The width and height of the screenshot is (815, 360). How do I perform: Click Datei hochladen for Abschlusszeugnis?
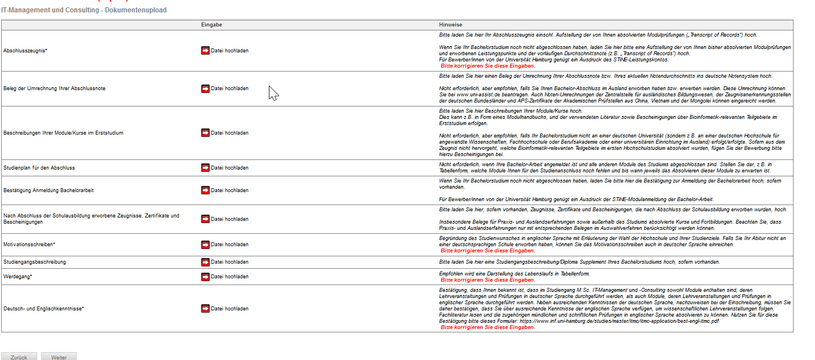[x=229, y=51]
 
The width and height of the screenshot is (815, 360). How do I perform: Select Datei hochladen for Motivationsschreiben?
[x=229, y=245]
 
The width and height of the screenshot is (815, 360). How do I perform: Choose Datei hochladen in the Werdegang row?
[x=229, y=277]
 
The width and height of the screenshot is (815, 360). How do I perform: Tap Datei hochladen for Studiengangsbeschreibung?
[x=229, y=262]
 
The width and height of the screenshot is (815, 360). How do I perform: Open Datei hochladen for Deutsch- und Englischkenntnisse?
[x=229, y=309]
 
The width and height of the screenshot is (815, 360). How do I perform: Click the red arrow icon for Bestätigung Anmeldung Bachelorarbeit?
[x=205, y=190]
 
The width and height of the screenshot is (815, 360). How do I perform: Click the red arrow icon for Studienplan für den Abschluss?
[x=205, y=168]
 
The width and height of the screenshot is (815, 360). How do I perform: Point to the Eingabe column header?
[x=211, y=25]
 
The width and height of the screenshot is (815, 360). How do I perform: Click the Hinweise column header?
[x=450, y=25]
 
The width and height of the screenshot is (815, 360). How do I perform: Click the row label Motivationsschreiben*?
[x=29, y=245]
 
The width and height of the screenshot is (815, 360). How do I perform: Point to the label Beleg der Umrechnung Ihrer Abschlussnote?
[x=54, y=88]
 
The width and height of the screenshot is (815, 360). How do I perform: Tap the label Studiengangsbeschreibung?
[x=34, y=262]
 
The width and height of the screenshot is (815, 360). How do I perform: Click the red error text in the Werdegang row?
[x=488, y=280]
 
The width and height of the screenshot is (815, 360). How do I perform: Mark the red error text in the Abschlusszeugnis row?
[x=488, y=66]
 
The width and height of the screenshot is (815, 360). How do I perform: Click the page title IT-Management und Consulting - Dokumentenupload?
[x=83, y=10]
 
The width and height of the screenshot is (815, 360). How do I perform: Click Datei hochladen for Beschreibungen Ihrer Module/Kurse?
[x=229, y=133]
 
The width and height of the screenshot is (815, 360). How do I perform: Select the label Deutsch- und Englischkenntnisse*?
[x=43, y=309]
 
